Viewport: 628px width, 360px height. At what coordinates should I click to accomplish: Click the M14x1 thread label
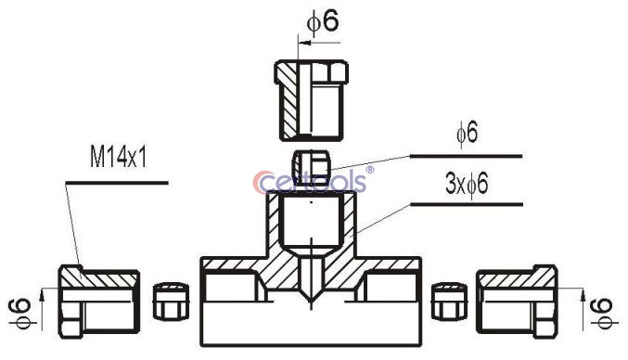(x=118, y=157)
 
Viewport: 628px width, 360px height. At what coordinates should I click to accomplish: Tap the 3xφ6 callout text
(x=467, y=185)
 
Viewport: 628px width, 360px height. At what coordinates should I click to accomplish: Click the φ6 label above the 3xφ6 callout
(x=467, y=133)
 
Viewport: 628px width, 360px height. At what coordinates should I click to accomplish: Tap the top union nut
(x=311, y=100)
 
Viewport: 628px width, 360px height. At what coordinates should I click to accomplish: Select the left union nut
(x=99, y=302)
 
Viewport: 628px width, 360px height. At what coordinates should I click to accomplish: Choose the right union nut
(x=517, y=302)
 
